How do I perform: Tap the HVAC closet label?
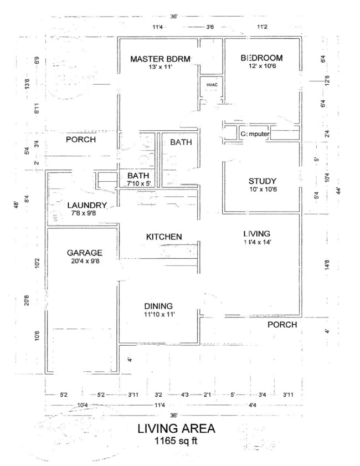[212, 85]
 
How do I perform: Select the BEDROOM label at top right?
[261, 58]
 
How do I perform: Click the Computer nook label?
[255, 135]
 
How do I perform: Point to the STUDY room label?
[262, 181]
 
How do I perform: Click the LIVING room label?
[255, 233]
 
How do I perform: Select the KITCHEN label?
[164, 237]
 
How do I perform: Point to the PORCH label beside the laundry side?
[81, 140]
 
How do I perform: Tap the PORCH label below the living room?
[282, 324]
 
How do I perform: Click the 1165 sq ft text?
[176, 442]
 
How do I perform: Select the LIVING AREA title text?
[176, 429]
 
